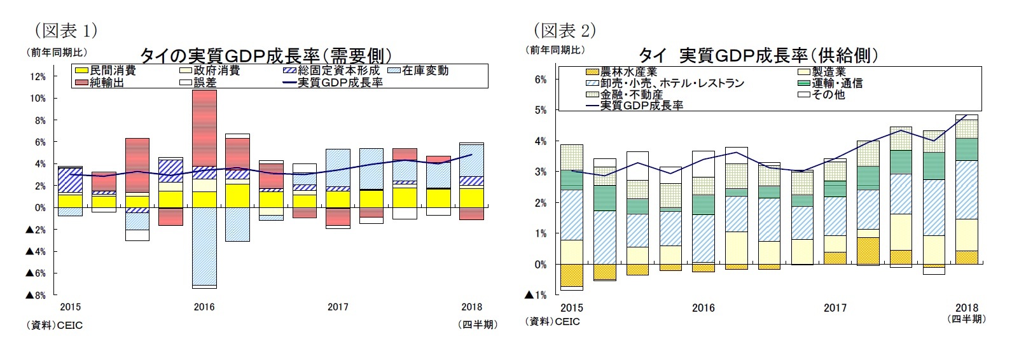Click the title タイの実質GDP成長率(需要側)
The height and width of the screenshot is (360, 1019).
tap(265, 55)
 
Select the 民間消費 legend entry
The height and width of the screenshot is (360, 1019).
tap(105, 71)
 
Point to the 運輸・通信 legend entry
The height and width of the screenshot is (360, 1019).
tap(829, 83)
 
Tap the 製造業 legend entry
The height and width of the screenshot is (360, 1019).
tap(821, 73)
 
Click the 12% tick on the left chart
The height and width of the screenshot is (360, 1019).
tap(38, 77)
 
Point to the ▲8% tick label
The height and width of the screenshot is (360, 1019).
tap(36, 295)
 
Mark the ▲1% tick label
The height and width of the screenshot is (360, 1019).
tap(536, 295)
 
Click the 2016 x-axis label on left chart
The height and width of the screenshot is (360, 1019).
tap(204, 307)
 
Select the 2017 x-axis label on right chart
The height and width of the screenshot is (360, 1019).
tap(835, 308)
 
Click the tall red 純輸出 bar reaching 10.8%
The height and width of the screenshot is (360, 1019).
tap(204, 127)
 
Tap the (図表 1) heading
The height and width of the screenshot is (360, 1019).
tap(66, 30)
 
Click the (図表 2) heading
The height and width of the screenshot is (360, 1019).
tap(565, 30)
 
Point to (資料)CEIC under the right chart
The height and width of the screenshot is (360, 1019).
tap(552, 322)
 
